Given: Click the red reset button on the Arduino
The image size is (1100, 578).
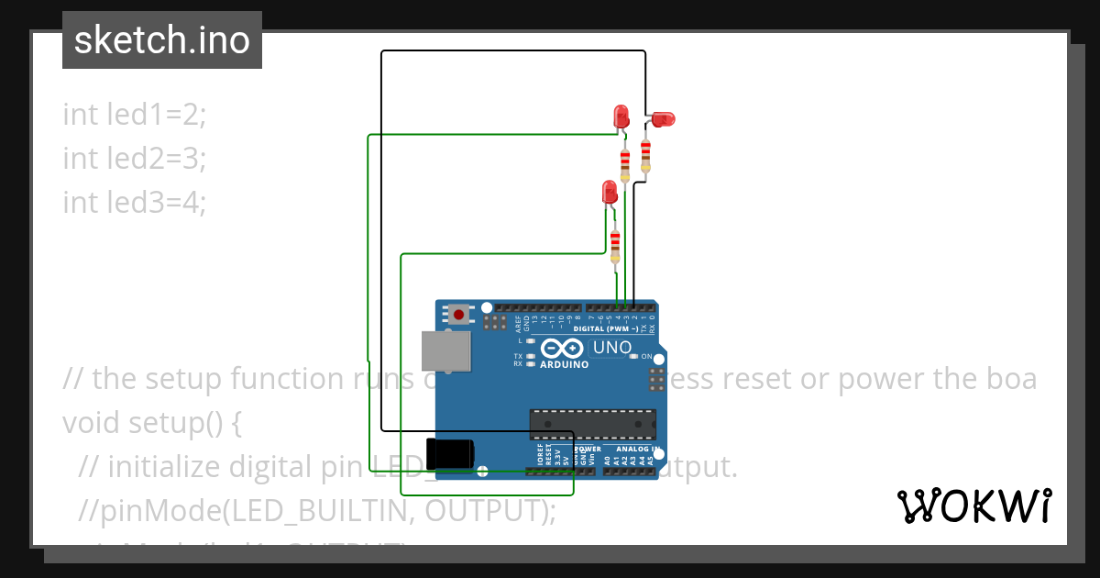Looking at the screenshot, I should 458,315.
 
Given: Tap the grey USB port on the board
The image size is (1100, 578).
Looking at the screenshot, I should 445,351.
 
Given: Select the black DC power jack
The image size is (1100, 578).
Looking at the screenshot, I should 450,453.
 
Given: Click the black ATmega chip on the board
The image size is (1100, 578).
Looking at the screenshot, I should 593,423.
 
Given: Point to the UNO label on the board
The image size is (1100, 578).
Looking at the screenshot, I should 612,348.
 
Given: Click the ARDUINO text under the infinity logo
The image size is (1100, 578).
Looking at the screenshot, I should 564,364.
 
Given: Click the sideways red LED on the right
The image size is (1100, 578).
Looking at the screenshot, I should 662,118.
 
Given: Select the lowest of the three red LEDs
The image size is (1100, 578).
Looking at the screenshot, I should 610,193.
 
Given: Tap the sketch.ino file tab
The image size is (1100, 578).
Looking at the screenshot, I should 162,40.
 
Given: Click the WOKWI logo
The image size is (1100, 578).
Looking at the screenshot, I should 973,506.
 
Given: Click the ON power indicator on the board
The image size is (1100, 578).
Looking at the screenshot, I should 645,356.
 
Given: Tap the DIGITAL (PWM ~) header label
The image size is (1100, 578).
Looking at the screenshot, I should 608,328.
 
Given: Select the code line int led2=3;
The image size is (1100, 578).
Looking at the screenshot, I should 135,158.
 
